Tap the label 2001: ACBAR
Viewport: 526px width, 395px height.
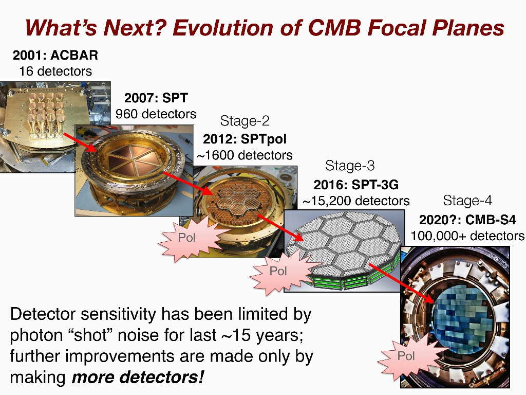tap(55, 55)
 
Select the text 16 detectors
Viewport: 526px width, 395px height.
tap(55, 71)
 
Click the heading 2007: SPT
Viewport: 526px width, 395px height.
tap(156, 98)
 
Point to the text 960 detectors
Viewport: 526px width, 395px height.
tap(156, 114)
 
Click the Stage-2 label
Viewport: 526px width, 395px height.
tap(245, 121)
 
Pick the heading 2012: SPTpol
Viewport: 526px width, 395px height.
tap(245, 139)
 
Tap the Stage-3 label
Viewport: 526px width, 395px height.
tap(350, 166)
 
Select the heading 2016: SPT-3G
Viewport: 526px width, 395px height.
tap(356, 185)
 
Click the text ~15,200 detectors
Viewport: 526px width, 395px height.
tap(356, 201)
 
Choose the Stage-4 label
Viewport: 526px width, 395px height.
tap(467, 201)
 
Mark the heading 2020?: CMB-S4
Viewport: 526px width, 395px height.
tap(467, 220)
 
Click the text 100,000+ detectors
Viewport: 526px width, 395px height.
tap(467, 236)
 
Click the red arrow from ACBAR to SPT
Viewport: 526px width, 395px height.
tap(81, 142)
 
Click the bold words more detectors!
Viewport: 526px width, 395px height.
tap(138, 377)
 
